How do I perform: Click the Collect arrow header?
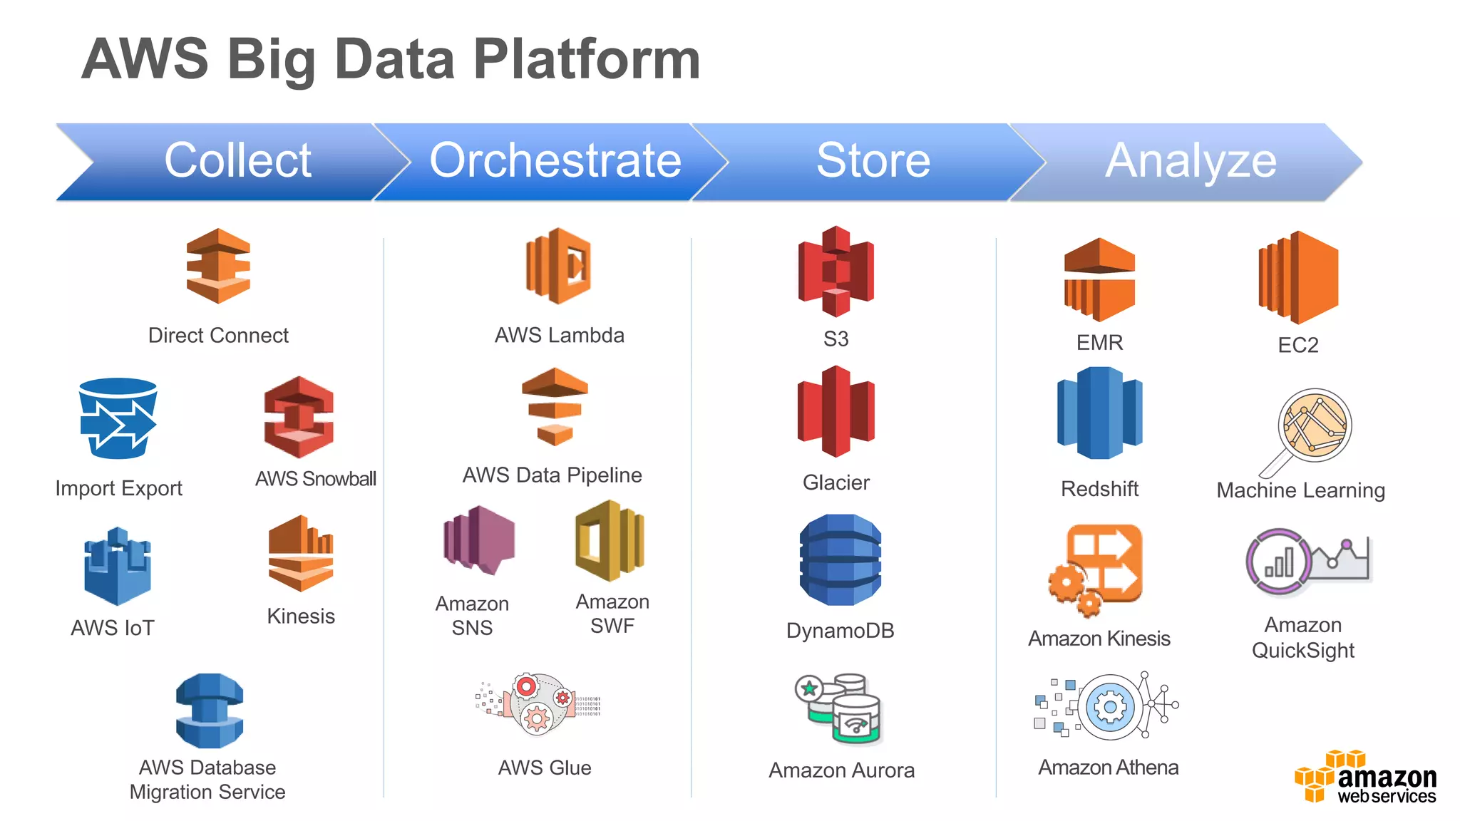point(237,161)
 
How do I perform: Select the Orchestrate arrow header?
point(555,161)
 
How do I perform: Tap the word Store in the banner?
point(873,161)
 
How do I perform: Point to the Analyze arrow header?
point(1190,161)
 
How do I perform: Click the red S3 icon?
point(836,272)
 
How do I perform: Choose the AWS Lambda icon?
point(559,266)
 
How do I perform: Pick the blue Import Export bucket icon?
point(118,418)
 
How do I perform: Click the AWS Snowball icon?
point(299,418)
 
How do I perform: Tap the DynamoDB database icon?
point(840,560)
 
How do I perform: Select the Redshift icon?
point(1099,413)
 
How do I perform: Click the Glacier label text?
point(836,483)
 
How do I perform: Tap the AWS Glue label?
point(545,768)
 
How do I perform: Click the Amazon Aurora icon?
point(839,708)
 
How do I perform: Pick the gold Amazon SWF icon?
point(610,540)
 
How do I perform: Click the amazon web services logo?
point(1364,778)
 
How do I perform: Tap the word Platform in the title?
point(586,59)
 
